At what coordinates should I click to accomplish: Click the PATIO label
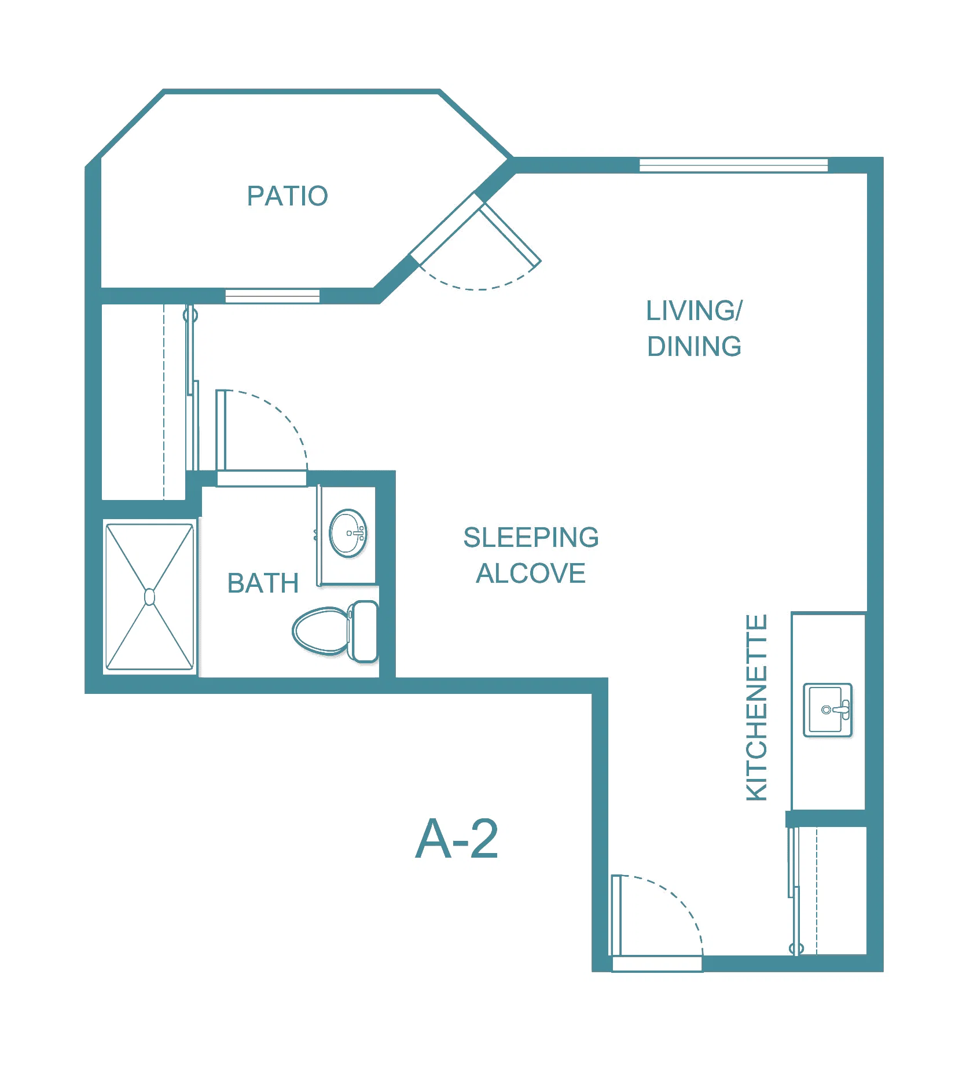[x=288, y=196]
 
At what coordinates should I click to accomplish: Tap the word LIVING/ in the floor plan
[x=694, y=311]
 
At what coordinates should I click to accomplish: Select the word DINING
[x=694, y=347]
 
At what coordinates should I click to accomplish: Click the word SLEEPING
[x=531, y=538]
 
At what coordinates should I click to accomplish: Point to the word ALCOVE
[x=531, y=574]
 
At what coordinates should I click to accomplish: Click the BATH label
[x=263, y=583]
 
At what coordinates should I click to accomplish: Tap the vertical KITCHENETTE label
[x=756, y=707]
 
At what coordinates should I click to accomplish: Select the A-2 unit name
[x=457, y=839]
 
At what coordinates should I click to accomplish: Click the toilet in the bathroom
[x=335, y=631]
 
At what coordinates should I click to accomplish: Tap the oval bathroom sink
[x=348, y=533]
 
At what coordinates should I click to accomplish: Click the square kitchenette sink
[x=828, y=710]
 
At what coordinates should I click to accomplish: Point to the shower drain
[x=149, y=597]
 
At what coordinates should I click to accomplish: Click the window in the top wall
[x=734, y=166]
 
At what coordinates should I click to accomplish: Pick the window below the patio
[x=272, y=296]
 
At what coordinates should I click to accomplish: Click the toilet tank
[x=365, y=631]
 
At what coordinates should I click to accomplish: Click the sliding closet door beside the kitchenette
[x=794, y=891]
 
